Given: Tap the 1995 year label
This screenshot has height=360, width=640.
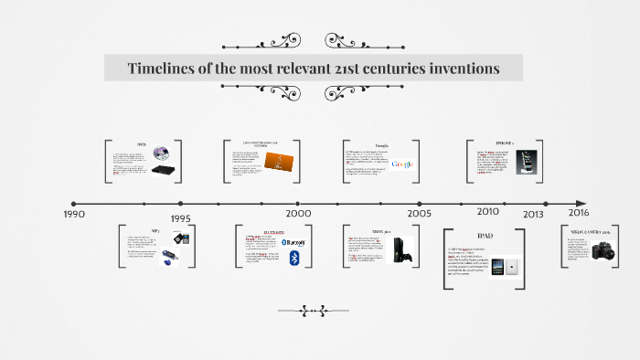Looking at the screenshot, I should coord(180,219).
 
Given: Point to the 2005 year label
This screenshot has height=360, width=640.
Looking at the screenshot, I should coord(420,213).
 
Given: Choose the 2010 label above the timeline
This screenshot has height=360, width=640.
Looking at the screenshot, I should coord(488,211).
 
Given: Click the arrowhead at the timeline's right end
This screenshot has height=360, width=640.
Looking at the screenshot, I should coord(581,203).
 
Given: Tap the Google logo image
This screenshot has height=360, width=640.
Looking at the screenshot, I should coord(402,164).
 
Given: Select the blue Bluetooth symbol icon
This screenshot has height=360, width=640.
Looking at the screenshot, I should coord(294,259).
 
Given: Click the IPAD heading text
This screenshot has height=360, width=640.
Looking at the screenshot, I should coord(485,236).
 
